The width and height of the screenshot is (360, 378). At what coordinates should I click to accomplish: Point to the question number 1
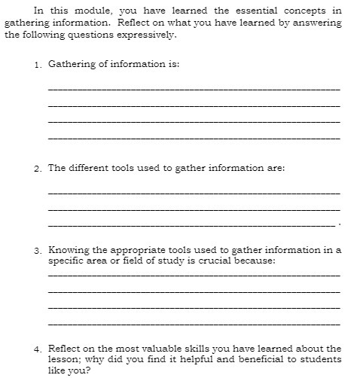click(x=37, y=66)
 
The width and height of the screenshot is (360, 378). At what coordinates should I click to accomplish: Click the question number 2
click(x=37, y=169)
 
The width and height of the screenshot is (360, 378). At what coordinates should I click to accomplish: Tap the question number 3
click(x=37, y=250)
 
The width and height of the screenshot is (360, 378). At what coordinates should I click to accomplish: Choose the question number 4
click(x=37, y=349)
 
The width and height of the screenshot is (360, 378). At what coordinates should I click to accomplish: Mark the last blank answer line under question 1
click(x=194, y=139)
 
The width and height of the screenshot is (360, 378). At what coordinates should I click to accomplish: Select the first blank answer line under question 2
click(x=194, y=193)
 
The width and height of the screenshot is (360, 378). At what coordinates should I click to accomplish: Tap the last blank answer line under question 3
click(x=194, y=324)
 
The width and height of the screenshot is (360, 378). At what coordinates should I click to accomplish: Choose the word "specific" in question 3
click(x=67, y=261)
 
